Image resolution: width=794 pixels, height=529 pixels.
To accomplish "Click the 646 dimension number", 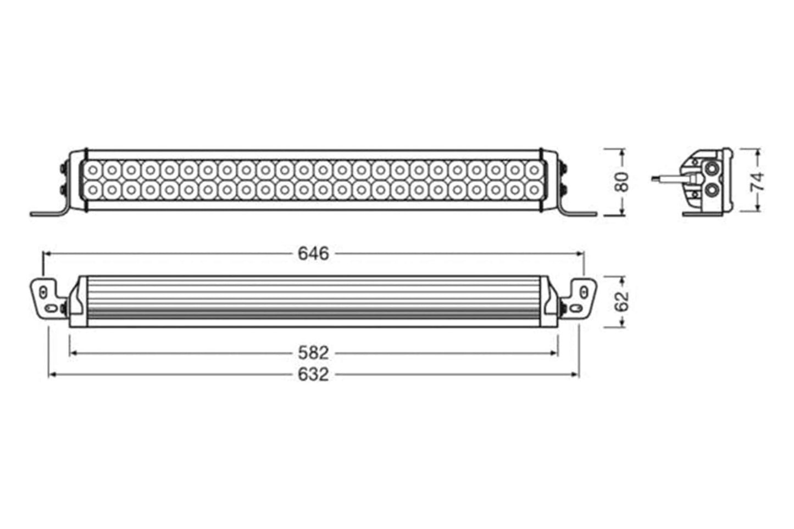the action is tap(313, 254).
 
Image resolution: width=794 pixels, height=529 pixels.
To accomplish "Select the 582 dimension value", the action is tap(313, 353).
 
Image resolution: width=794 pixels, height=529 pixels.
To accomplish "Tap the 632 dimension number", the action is tap(313, 375).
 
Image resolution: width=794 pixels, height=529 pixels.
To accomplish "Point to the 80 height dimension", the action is tap(621, 182).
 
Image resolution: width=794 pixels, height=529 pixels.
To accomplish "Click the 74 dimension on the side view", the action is tap(757, 182).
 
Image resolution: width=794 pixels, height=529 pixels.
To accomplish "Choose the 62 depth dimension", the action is tap(621, 302).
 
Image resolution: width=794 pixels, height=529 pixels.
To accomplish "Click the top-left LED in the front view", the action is tap(93, 171).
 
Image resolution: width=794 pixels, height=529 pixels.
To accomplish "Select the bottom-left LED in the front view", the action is tap(93, 191).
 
